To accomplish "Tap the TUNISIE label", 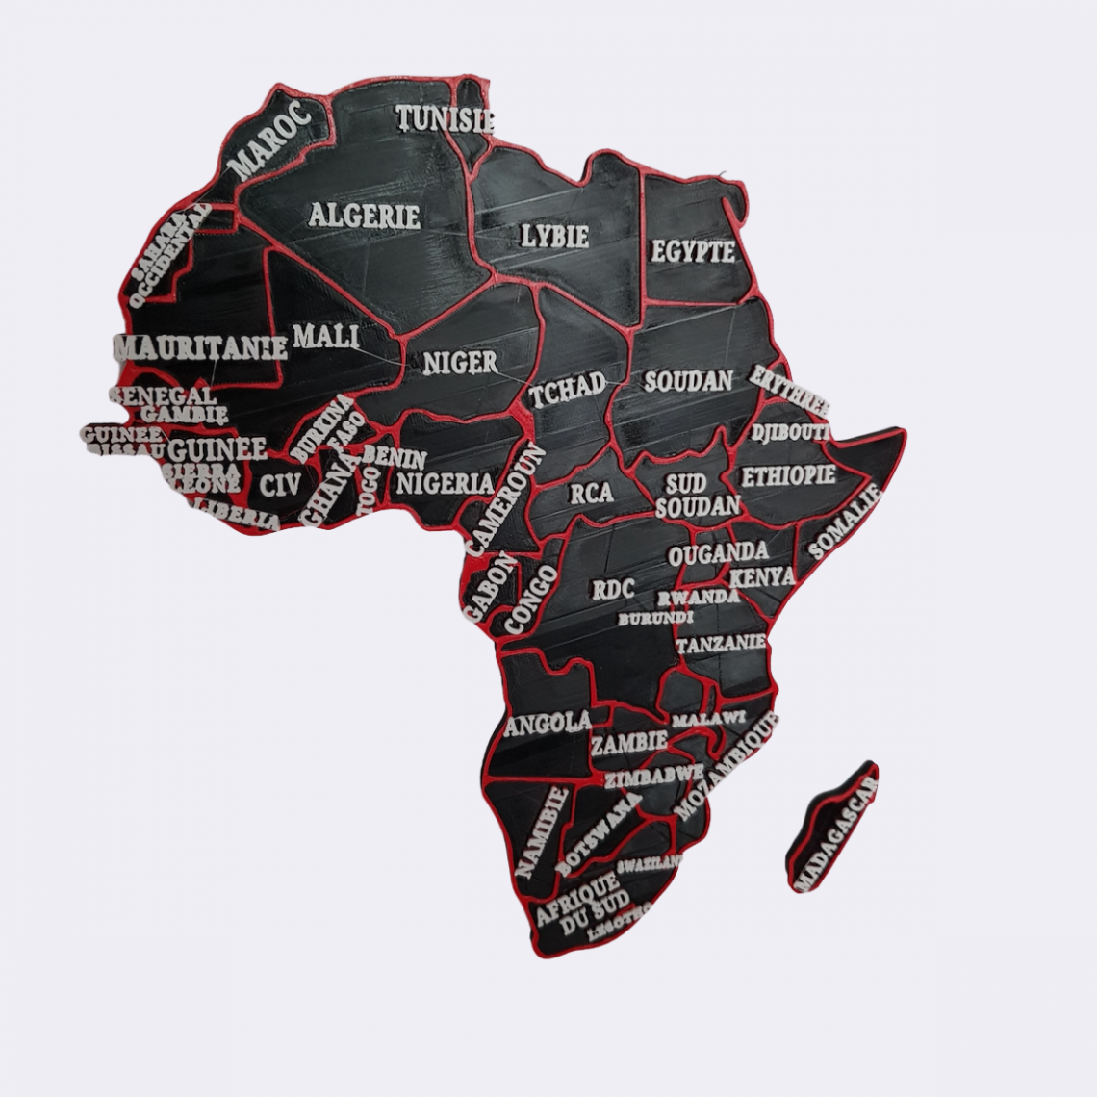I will [x=446, y=119].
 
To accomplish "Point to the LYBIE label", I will [x=554, y=236].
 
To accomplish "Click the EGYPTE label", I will [x=693, y=252].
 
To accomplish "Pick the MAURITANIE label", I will [x=200, y=347].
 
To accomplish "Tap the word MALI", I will [x=325, y=337].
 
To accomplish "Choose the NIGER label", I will [x=460, y=362].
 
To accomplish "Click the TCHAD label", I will [x=568, y=389].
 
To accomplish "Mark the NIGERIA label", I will [x=446, y=483].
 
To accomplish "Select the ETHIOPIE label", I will [x=786, y=476].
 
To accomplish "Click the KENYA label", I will [x=762, y=577].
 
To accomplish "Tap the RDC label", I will [x=613, y=589].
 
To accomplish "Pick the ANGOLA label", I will [x=547, y=723].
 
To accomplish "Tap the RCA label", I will [x=591, y=494].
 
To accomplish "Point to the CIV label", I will [x=281, y=485].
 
